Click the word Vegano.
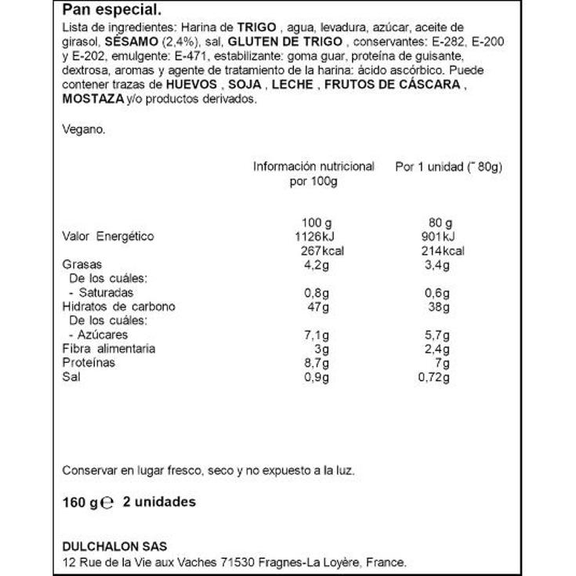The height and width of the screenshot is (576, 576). tap(83, 129)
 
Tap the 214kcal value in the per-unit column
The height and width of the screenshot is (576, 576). tap(441, 251)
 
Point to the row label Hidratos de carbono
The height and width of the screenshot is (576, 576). tap(118, 306)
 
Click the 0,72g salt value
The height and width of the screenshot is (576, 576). tap(435, 377)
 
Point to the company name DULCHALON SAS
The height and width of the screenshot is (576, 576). tap(114, 546)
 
